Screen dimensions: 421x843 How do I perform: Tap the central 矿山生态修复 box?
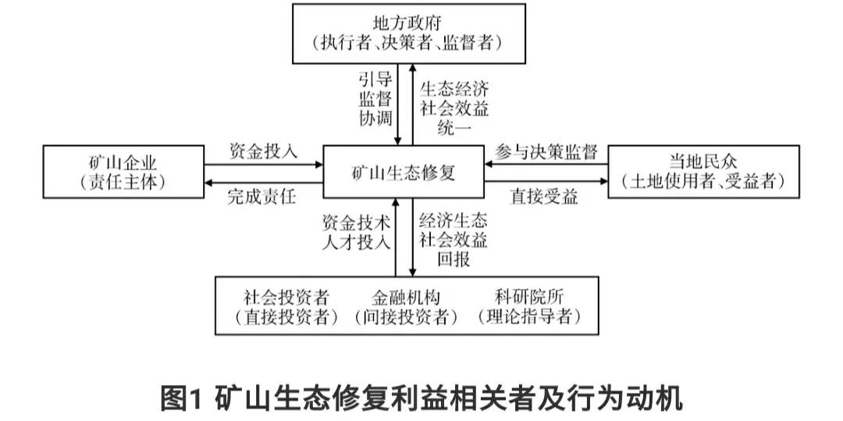404,173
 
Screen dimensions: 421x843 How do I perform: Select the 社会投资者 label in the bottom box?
286,298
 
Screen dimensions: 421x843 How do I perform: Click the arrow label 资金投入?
263,151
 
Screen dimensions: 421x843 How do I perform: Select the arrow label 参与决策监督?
546,152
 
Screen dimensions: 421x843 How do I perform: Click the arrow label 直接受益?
545,197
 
